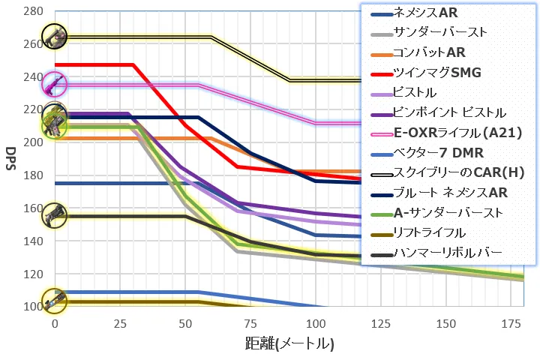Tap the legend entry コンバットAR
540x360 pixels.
429,53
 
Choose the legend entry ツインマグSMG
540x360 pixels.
436,73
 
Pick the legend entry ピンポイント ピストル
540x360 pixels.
449,113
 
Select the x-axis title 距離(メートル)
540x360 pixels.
289,345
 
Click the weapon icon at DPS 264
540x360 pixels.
54,35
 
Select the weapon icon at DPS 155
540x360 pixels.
54,216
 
